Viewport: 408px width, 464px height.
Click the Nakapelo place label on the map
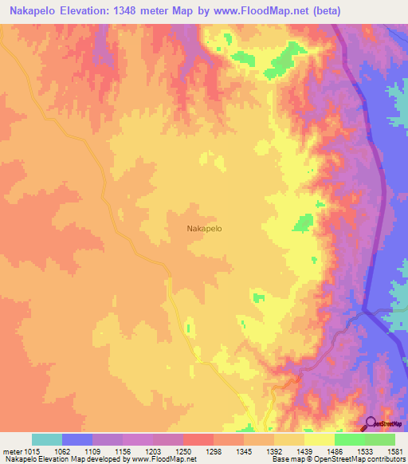[x=204, y=228]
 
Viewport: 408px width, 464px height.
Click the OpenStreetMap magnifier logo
[x=369, y=424]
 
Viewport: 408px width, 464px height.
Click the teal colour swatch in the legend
[x=47, y=439]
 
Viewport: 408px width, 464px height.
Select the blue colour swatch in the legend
[x=77, y=439]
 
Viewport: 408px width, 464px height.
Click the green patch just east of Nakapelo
[x=303, y=222]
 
